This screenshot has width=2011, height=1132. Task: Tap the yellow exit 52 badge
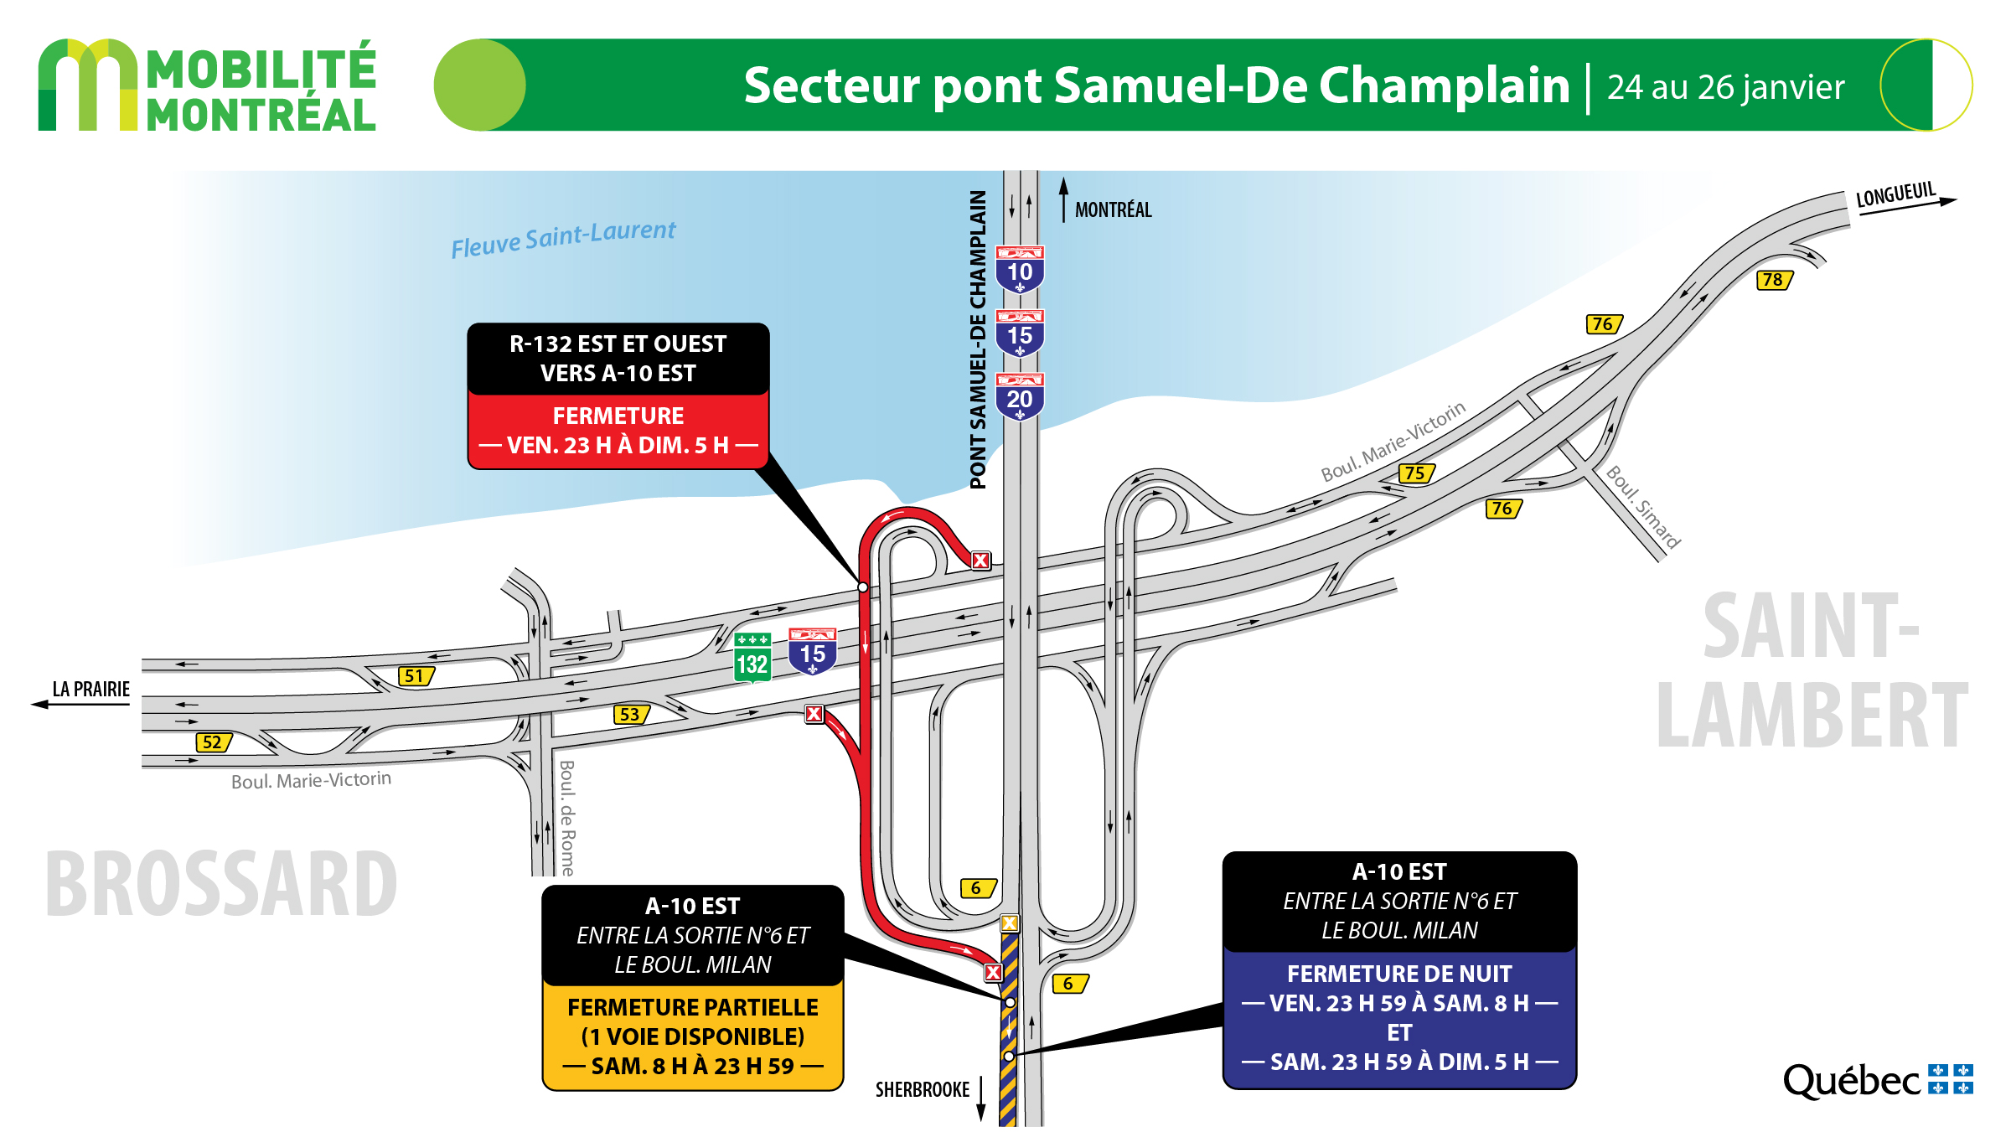[x=214, y=742]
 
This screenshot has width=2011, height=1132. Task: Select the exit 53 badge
[x=632, y=714]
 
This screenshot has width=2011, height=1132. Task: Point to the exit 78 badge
[x=1775, y=280]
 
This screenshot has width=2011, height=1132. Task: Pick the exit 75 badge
[x=1417, y=473]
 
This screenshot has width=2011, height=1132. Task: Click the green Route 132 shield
[x=752, y=658]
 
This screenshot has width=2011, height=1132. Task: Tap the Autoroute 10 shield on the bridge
[x=1020, y=269]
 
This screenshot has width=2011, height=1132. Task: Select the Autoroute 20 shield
[x=1020, y=396]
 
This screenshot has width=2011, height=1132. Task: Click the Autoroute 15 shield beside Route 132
[x=813, y=652]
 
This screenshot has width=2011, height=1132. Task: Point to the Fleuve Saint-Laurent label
[x=563, y=239]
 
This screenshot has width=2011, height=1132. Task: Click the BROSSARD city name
[x=221, y=884]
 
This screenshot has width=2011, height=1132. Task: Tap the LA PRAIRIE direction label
[x=91, y=689]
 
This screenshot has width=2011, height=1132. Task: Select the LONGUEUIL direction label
[x=1895, y=194]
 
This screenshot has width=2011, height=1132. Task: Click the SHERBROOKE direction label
[x=923, y=1089]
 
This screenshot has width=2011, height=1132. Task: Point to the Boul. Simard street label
[x=1643, y=507]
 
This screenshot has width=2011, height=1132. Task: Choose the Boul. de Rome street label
[x=567, y=818]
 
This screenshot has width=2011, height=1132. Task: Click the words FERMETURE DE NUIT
[x=1399, y=974]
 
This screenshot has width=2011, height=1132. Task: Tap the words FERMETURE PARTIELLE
[x=693, y=1007]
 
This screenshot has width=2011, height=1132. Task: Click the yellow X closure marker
[x=1010, y=923]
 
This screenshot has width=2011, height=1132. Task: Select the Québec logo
[x=1878, y=1080]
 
